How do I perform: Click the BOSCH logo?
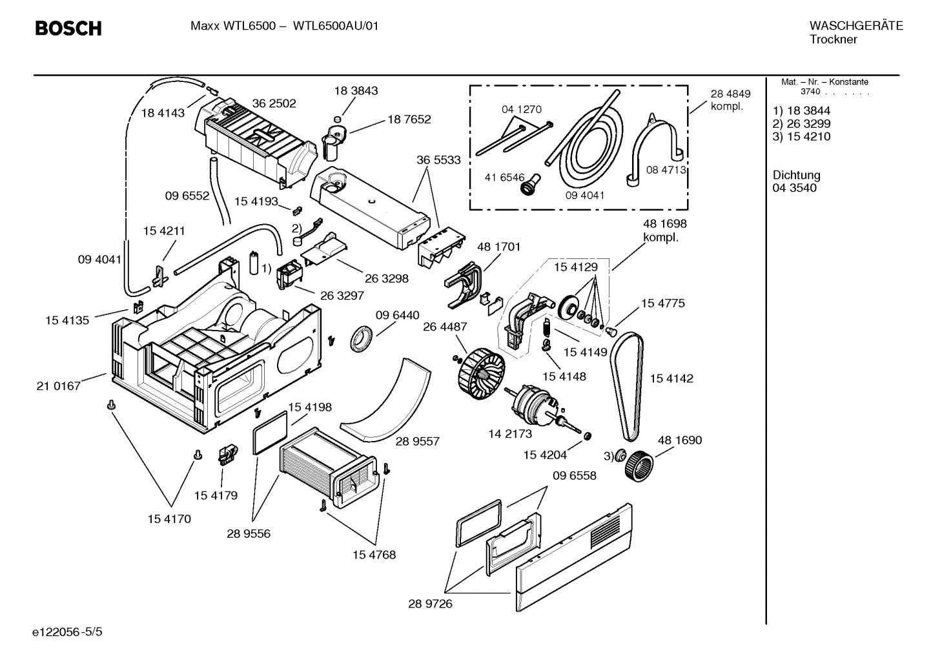[68, 28]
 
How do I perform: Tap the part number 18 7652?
[409, 119]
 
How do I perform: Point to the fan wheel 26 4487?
[481, 375]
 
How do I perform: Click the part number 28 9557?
[417, 441]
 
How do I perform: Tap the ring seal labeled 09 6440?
[363, 339]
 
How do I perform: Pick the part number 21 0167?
[59, 386]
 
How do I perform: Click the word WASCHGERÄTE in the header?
[855, 26]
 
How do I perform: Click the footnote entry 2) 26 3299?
[801, 123]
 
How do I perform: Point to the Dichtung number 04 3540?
[794, 188]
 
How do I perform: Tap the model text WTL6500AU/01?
[336, 26]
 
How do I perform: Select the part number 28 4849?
[730, 94]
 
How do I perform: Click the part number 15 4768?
[374, 555]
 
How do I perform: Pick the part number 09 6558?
[574, 476]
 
